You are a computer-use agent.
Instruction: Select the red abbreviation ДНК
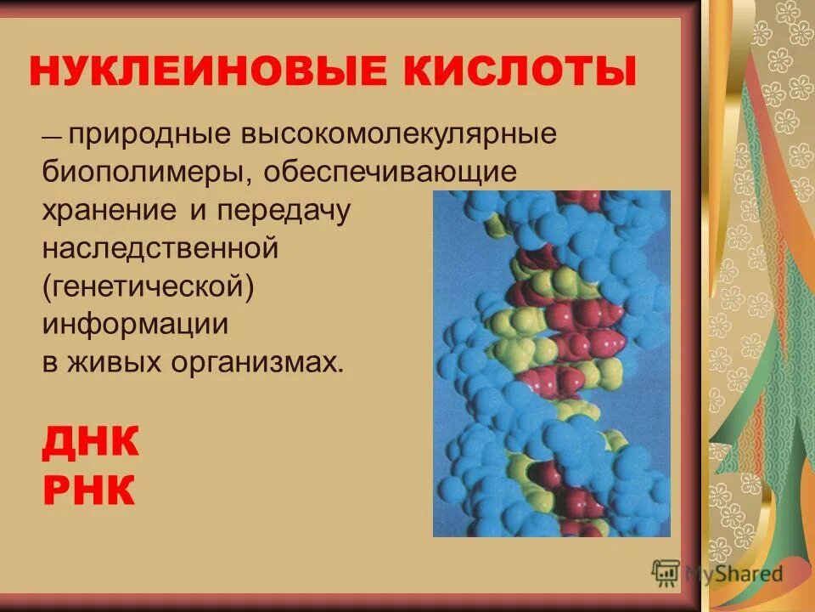tap(90, 443)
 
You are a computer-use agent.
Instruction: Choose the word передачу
tap(284, 211)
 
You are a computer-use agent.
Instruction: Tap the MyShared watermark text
tap(733, 574)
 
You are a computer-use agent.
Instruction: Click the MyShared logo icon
tap(666, 574)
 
